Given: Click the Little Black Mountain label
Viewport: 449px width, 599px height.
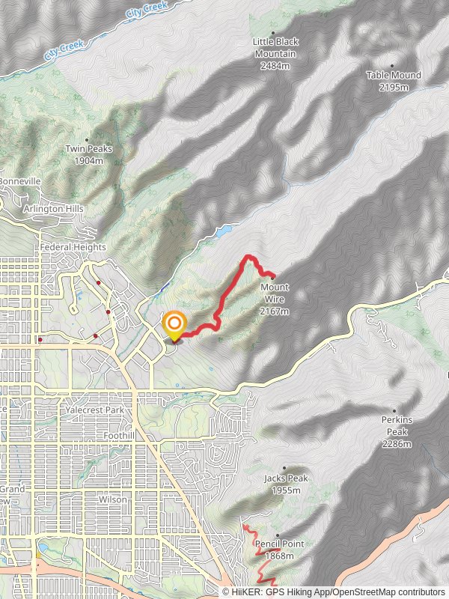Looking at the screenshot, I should [275, 48].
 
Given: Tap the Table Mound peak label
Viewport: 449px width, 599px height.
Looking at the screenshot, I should [394, 75].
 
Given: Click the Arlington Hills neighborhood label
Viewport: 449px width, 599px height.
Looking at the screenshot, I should [54, 208].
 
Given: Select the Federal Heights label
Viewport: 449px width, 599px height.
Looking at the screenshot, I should [72, 247].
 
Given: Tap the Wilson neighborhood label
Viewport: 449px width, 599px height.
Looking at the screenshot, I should [113, 499].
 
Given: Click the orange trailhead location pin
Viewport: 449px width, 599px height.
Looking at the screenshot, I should [174, 324].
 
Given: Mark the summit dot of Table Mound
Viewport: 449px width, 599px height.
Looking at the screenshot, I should [392, 66].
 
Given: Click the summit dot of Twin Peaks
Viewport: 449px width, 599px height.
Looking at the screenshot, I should [88, 139].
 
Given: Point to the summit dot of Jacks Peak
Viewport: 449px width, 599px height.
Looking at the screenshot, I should [284, 468].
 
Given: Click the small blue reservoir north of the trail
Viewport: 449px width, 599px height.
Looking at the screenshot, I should [223, 231].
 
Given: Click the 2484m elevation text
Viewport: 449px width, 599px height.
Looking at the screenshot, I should [275, 66].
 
